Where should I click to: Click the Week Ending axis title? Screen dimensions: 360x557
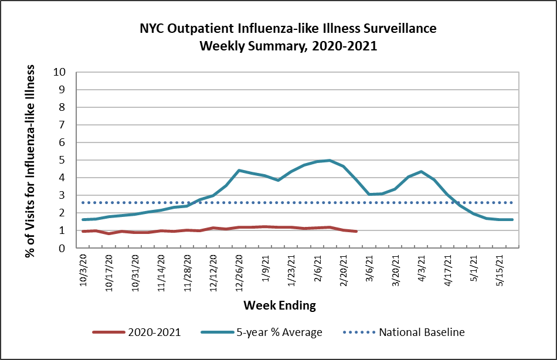pyautogui.click(x=280, y=305)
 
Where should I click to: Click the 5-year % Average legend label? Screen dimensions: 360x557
pyautogui.click(x=279, y=332)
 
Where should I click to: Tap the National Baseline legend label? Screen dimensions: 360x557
pyautogui.click(x=422, y=332)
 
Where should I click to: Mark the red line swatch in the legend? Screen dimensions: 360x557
pyautogui.click(x=108, y=332)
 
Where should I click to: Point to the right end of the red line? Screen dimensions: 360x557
pyautogui.click(x=356, y=232)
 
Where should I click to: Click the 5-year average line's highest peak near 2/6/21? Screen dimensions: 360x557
pyautogui.click(x=330, y=160)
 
